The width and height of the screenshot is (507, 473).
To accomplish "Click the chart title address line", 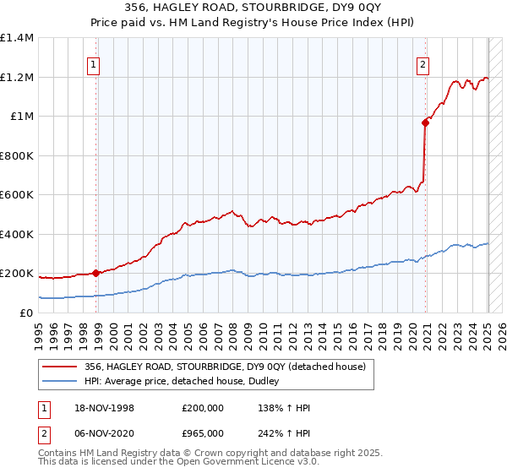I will click(253, 8).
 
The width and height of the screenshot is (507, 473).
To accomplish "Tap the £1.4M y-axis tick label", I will click(17, 38).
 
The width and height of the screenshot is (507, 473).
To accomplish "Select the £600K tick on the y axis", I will click(17, 195).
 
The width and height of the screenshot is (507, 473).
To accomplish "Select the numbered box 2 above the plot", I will click(422, 63).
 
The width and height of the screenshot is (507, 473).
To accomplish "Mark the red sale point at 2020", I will click(426, 122).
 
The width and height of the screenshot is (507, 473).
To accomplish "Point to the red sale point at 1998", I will click(96, 273).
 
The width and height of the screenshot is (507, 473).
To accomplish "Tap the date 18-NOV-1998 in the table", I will click(104, 407).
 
